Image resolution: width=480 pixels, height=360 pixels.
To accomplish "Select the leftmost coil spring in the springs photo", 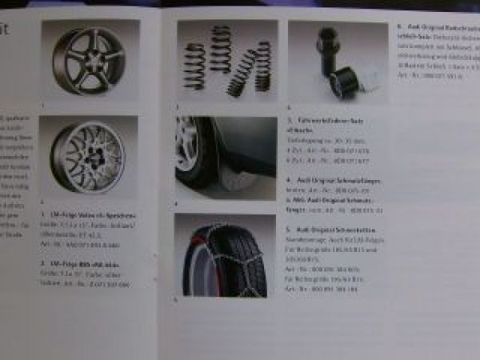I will coord(194,66).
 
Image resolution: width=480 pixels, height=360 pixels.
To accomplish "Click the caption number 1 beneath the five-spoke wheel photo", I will coord(42,106).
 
